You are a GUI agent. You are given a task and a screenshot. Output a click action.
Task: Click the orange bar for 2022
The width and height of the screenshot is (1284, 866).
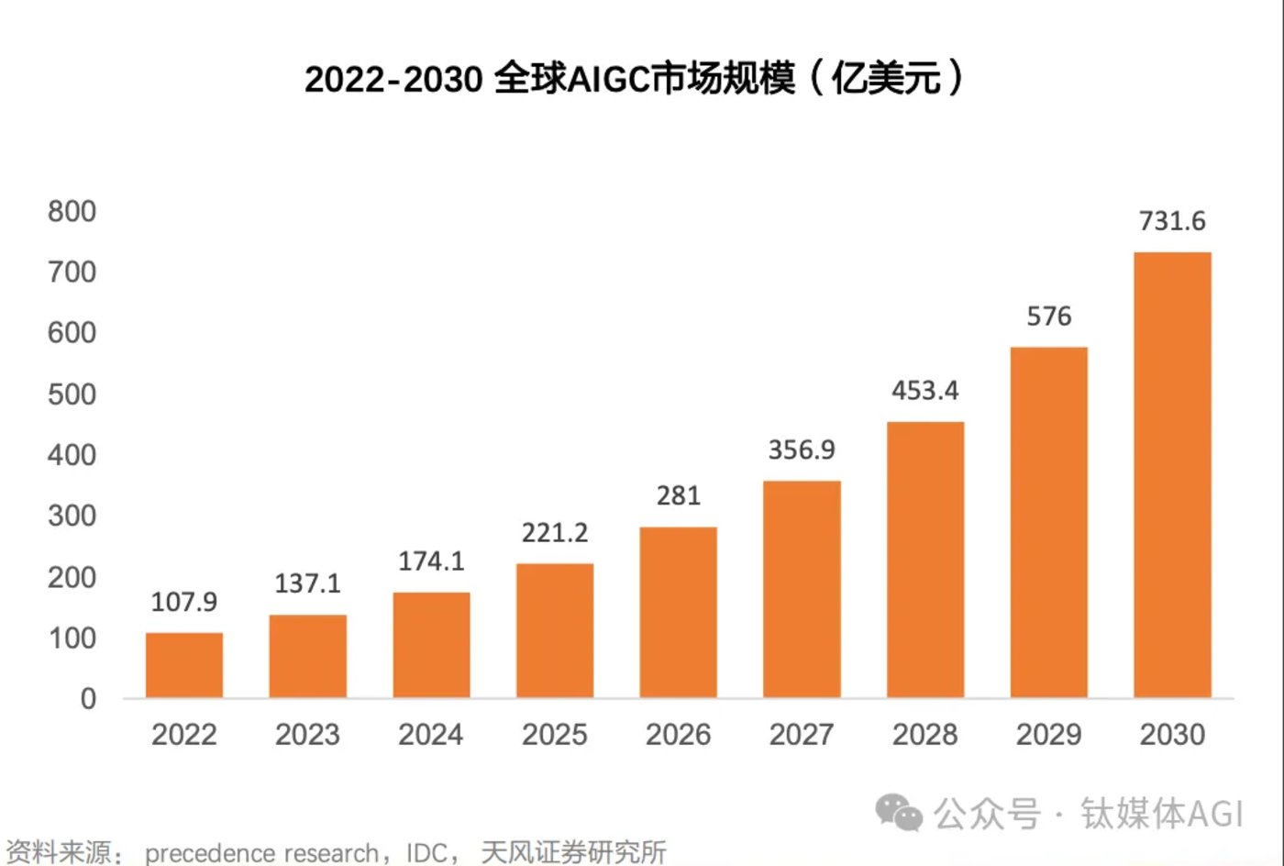183,665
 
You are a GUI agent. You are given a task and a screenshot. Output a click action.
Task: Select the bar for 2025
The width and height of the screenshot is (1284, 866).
555,630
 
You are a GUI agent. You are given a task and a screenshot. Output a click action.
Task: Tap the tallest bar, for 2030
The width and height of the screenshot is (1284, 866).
1172,474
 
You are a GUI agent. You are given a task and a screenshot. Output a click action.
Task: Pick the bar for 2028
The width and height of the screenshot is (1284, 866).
925,560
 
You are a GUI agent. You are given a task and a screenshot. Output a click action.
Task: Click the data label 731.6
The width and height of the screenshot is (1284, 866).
1172,221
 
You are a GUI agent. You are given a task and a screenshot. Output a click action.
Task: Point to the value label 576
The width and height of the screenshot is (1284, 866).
1048,316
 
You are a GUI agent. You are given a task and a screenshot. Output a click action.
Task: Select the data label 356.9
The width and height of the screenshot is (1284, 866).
802,450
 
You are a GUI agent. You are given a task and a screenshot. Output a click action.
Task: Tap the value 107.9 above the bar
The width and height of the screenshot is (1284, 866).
183,602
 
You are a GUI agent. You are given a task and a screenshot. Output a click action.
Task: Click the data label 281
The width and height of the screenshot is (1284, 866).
679,495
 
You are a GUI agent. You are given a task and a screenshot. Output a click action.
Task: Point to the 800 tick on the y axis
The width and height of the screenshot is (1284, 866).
72,212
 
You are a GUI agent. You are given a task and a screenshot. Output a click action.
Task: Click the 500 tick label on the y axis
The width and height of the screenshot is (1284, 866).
72,394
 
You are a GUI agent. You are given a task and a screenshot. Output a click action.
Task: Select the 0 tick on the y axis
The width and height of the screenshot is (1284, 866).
88,699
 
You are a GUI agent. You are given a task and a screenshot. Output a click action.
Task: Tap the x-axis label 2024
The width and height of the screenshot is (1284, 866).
431,735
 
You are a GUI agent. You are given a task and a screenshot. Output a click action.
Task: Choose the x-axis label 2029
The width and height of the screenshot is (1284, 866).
1048,735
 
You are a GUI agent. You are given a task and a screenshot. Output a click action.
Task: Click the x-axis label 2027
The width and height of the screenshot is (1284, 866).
802,735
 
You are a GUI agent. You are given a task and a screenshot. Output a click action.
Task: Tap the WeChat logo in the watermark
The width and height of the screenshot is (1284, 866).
898,812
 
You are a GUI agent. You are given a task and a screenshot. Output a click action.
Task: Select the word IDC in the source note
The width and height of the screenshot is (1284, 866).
426,853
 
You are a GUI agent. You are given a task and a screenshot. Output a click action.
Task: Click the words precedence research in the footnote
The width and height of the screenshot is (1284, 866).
261,853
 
